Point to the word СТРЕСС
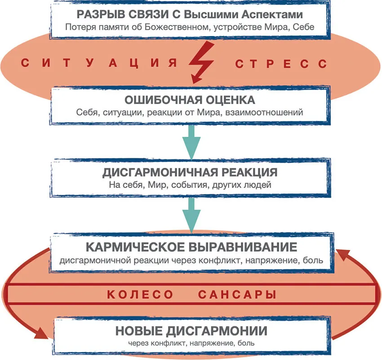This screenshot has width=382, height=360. click(x=281, y=63)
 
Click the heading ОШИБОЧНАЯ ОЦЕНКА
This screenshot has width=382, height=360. click(x=191, y=99)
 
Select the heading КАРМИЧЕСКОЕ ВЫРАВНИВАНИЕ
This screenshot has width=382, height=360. click(x=191, y=247)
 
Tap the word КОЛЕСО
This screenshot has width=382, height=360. click(x=140, y=295)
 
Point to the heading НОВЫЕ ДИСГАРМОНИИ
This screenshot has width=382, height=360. click(x=191, y=331)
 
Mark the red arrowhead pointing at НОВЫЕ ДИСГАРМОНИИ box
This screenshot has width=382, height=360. click(x=42, y=334)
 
